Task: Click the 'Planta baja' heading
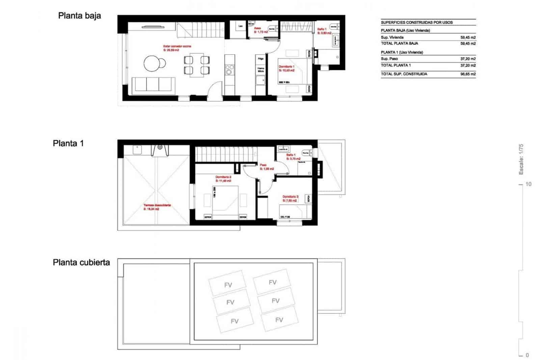tap(79, 16)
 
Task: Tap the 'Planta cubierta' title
tap(81, 262)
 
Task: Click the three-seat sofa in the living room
tap(153, 84)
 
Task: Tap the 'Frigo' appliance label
tap(261, 59)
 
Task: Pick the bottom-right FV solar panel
tap(279, 319)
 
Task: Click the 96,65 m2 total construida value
tap(468, 74)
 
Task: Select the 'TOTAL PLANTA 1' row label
tap(396, 65)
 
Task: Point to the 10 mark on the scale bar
tap(528, 184)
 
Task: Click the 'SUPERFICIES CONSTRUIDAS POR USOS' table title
tap(416, 23)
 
